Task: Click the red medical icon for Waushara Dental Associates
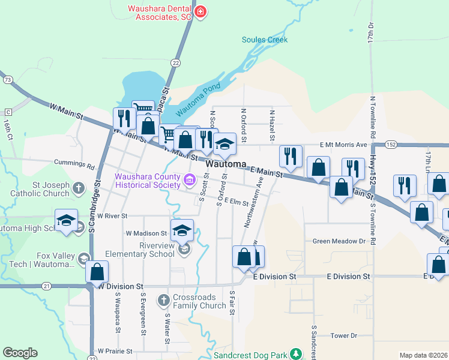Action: [200, 11]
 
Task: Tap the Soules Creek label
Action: [265, 40]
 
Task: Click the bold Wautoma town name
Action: [226, 164]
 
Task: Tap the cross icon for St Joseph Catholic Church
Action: [78, 189]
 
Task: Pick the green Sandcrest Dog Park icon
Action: [295, 353]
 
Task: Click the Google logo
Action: [20, 353]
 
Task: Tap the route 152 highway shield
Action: [391, 145]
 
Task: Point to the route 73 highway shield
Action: [7, 79]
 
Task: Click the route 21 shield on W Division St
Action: [46, 286]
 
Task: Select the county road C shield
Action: [8, 112]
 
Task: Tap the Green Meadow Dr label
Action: [339, 241]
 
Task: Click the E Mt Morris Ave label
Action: [343, 145]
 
